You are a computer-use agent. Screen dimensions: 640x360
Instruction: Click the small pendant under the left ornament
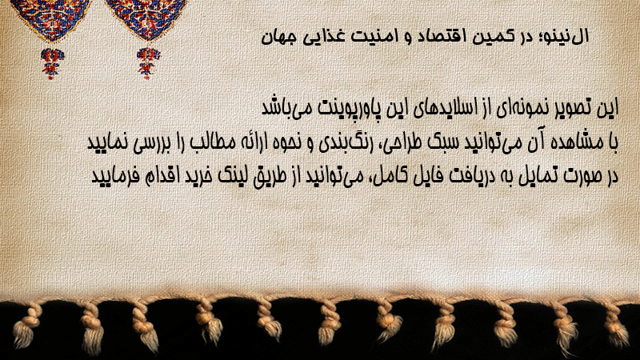[52, 63]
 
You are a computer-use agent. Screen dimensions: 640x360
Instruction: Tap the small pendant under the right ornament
[148, 63]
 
